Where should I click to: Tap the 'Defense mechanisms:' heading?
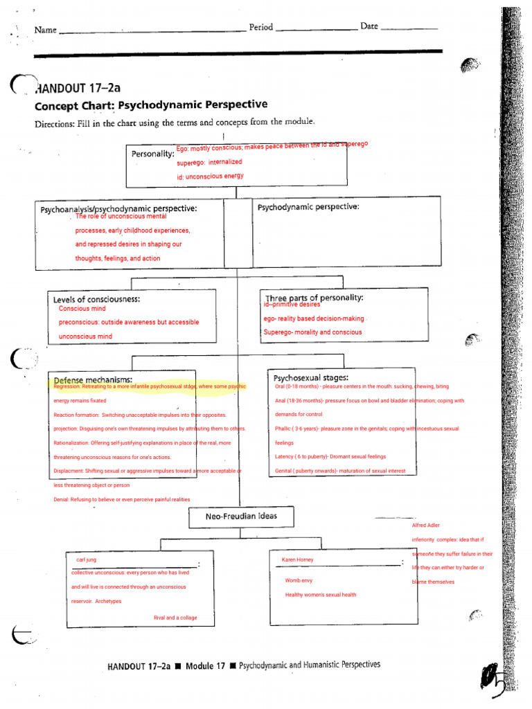point(93,379)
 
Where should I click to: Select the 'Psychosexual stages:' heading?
point(310,378)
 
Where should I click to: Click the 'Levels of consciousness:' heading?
point(96,299)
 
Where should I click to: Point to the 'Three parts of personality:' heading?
point(314,297)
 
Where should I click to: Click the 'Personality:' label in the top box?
point(152,154)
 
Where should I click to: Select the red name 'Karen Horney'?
point(298,559)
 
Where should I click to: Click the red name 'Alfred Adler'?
point(425,526)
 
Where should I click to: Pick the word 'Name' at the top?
point(45,30)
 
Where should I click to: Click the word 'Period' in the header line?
point(260,28)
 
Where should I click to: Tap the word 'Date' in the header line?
point(369,26)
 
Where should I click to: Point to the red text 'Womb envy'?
point(299,580)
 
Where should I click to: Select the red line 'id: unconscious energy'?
point(210,177)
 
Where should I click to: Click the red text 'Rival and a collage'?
point(175,618)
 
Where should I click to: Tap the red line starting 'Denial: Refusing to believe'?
point(121,499)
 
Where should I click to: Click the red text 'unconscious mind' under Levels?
point(85,336)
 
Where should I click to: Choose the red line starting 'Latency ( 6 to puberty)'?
point(330,457)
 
